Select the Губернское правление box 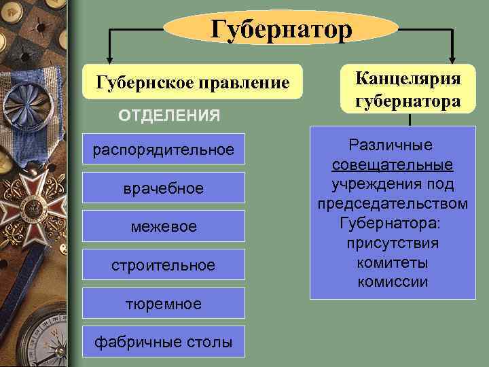pos(184,83)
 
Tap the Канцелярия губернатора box pos(407,89)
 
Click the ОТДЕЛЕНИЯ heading pos(169,116)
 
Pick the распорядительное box pos(163,150)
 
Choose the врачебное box pos(163,188)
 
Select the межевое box pos(163,226)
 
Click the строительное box pos(163,264)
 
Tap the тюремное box pos(163,303)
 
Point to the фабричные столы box pos(163,342)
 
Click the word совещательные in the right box pos(393,165)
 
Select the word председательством pos(393,204)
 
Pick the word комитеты pos(393,262)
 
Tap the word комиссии pos(393,281)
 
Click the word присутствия pos(393,243)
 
